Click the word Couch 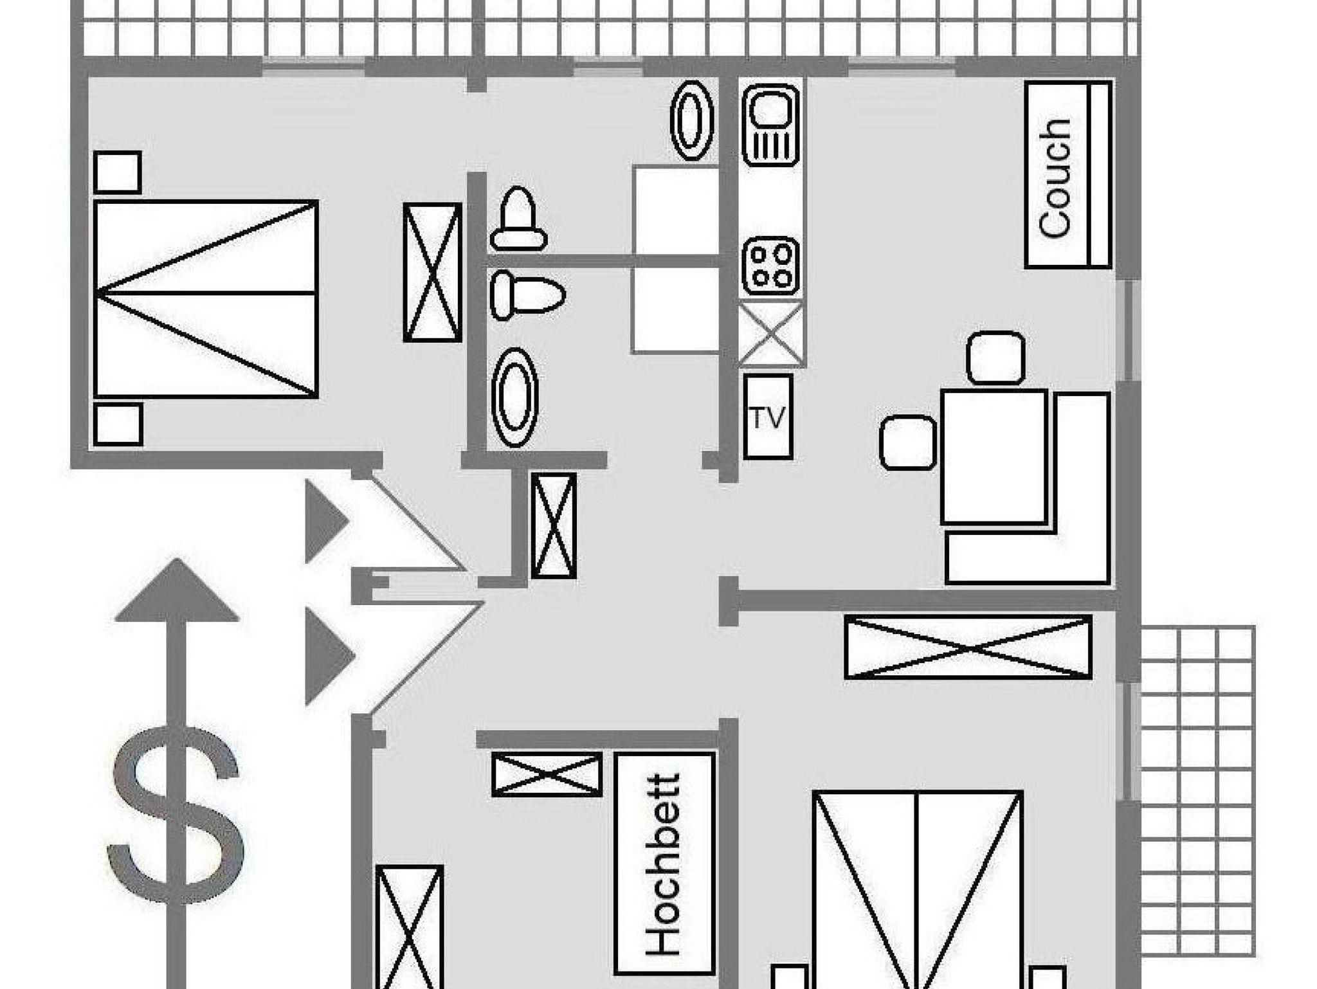1055,178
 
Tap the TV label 768,418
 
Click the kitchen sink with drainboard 771,125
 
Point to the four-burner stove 771,266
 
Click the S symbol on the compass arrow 176,815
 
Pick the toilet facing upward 518,218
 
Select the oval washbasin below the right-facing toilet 514,397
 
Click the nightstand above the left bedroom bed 118,172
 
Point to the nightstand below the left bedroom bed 118,424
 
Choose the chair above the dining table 995,358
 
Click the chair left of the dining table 908,442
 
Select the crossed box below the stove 771,333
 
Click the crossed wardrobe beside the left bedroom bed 433,272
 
